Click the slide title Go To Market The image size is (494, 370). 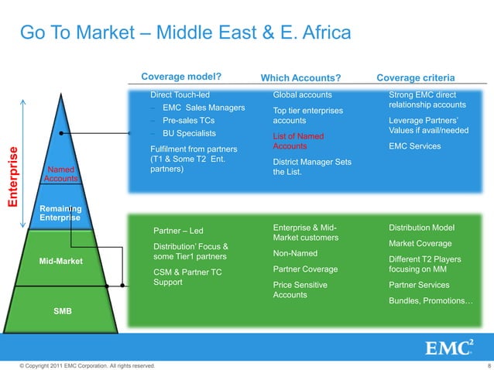pos(185,33)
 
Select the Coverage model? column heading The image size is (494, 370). pos(181,77)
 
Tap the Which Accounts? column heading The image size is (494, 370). pos(300,77)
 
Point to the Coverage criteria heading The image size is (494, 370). pos(414,77)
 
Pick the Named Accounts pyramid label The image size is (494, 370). pos(60,173)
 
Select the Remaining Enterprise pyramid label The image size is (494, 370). pos(60,213)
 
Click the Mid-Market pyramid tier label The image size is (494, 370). pos(60,261)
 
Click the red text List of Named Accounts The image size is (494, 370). pos(297,141)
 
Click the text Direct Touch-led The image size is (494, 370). pos(180,94)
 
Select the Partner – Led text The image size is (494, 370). pos(178,231)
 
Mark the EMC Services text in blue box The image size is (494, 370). pos(414,146)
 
